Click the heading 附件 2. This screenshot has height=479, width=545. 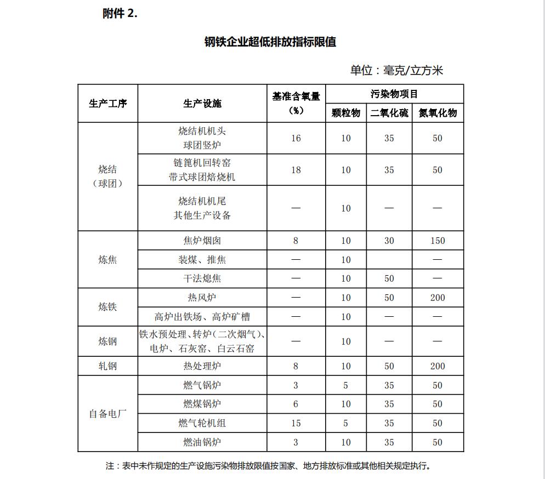pyautogui.click(x=120, y=14)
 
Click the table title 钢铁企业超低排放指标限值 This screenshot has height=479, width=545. pyautogui.click(x=270, y=42)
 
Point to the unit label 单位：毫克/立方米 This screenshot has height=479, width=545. pyautogui.click(x=396, y=70)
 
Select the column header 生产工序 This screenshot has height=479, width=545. pyautogui.click(x=108, y=103)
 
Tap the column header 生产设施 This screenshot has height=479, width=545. pyautogui.click(x=202, y=103)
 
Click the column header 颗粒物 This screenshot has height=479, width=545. pyautogui.click(x=346, y=113)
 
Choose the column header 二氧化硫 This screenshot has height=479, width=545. pyautogui.click(x=389, y=113)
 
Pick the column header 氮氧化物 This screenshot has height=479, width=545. pyautogui.click(x=438, y=113)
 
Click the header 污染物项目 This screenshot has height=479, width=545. pyautogui.click(x=394, y=94)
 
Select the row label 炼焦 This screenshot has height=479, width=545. pyautogui.click(x=108, y=259)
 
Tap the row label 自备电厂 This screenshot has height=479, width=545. pyautogui.click(x=108, y=413)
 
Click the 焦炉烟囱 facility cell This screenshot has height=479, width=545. pyautogui.click(x=202, y=241)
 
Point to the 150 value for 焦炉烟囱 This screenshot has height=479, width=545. pyautogui.click(x=438, y=241)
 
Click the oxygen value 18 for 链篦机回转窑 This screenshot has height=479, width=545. pyautogui.click(x=296, y=170)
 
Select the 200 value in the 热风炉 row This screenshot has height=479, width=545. pyautogui.click(x=438, y=298)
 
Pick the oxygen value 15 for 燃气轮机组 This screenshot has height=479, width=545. pyautogui.click(x=296, y=423)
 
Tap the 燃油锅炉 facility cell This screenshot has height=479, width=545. pyautogui.click(x=202, y=442)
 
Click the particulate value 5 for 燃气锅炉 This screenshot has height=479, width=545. pyautogui.click(x=346, y=385)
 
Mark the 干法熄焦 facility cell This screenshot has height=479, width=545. pyautogui.click(x=202, y=278)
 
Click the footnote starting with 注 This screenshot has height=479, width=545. pyautogui.click(x=268, y=466)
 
